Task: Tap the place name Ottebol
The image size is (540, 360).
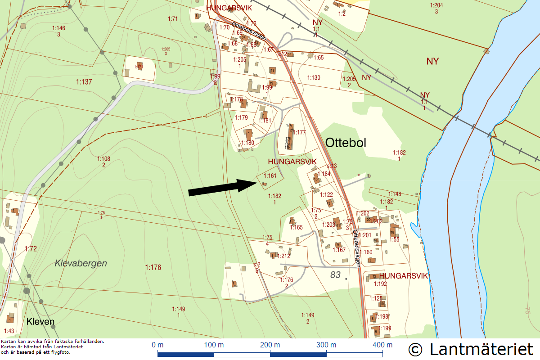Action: tap(346, 143)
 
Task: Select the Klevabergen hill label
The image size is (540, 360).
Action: tap(81, 263)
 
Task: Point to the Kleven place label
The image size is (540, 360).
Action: tap(40, 322)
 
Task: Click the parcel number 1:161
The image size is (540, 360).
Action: tap(270, 176)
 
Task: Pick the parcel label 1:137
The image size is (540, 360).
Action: tap(84, 81)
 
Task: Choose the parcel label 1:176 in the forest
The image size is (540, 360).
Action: tap(153, 267)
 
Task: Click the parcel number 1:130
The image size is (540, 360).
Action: tap(314, 78)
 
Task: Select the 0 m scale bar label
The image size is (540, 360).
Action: tap(157, 345)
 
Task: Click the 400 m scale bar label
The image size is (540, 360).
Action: tap(383, 345)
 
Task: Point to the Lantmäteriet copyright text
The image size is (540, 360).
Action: tap(471, 349)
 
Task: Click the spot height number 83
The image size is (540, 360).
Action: tap(335, 274)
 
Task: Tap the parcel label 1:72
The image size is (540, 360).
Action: tap(31, 248)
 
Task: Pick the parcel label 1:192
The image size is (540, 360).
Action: tap(380, 284)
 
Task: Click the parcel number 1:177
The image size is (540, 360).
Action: tap(300, 132)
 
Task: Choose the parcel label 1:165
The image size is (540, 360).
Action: tap(296, 228)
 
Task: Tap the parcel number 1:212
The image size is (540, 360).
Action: tap(284, 256)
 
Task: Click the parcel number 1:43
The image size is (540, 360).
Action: tap(9, 331)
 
